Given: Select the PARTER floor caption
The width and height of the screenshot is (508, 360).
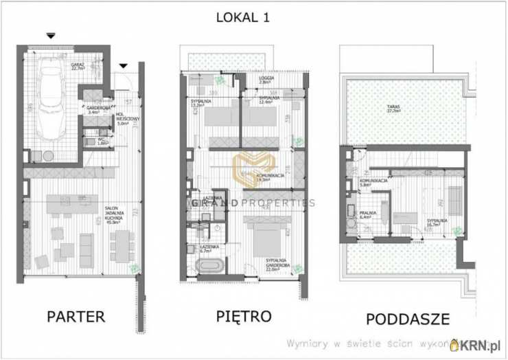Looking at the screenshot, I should pyautogui.click(x=76, y=317).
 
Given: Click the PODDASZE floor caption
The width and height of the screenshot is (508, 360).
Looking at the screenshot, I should pyautogui.click(x=408, y=319).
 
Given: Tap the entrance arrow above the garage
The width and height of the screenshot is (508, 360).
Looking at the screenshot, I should pyautogui.click(x=50, y=35).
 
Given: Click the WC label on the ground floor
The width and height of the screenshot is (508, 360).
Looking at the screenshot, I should pyautogui.click(x=100, y=142).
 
